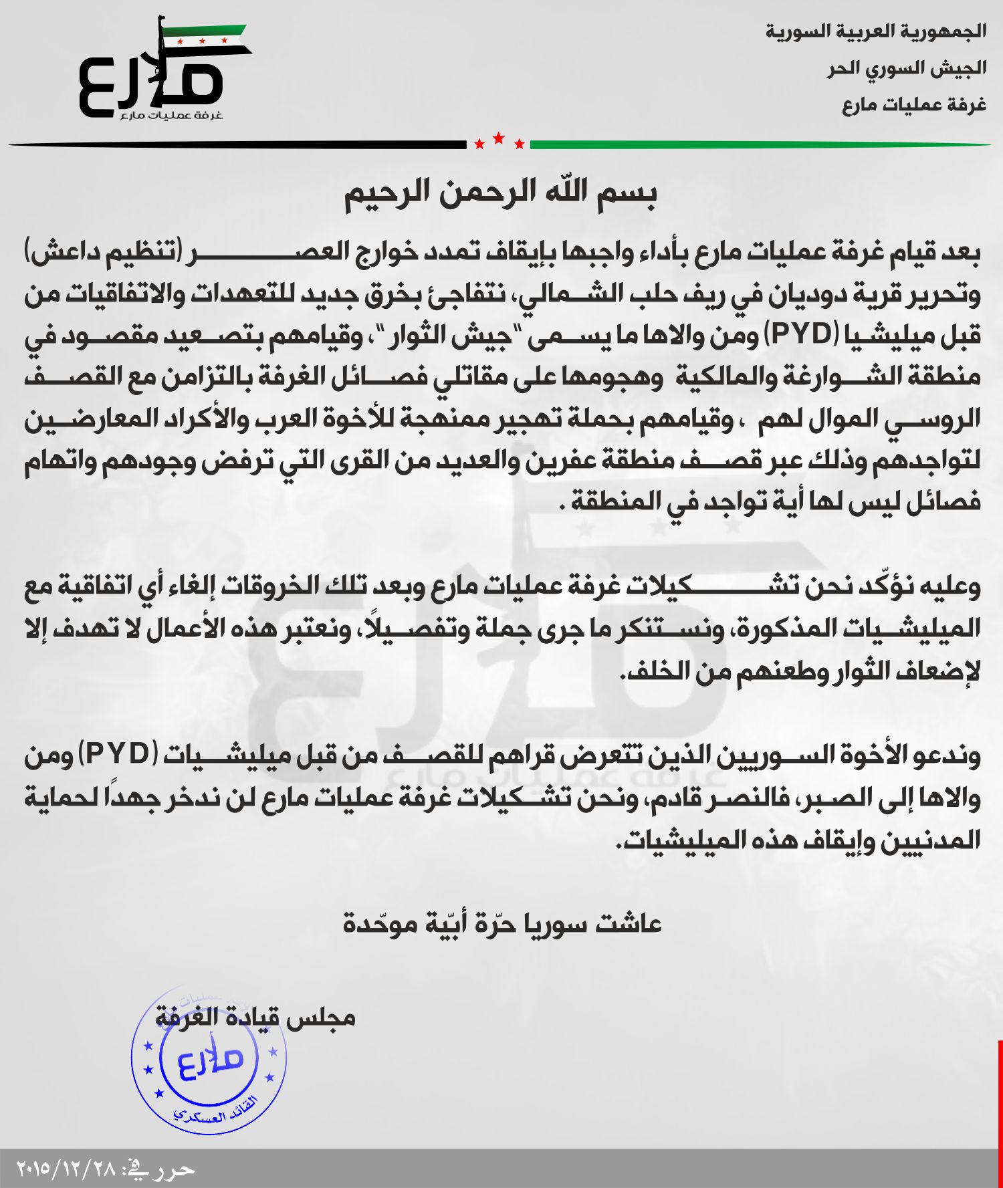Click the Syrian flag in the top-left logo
tap(206, 38)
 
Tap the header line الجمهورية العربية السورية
tap(876, 31)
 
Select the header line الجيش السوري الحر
tap(906, 68)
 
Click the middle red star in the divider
tap(498, 139)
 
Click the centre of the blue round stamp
tap(209, 1058)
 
